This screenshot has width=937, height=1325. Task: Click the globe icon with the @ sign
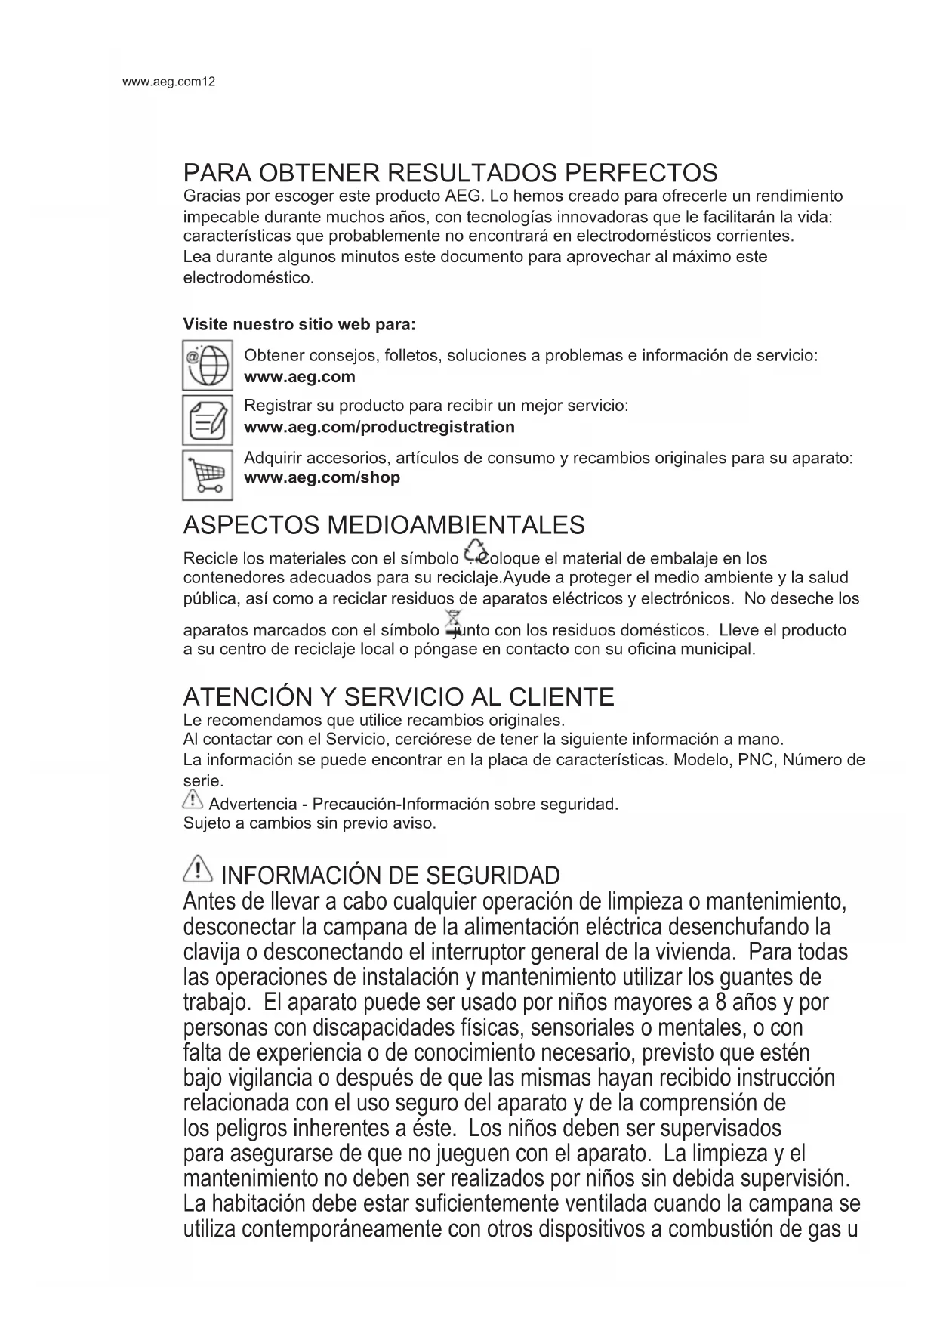[x=207, y=366]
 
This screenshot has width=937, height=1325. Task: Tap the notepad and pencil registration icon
[x=207, y=420]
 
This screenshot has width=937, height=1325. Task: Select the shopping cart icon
[x=207, y=475]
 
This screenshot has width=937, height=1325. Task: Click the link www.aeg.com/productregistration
[x=379, y=428]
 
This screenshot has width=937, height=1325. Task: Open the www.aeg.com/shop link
[x=322, y=478]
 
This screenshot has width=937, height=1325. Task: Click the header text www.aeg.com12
[x=168, y=82]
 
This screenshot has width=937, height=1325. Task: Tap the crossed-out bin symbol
[x=453, y=622]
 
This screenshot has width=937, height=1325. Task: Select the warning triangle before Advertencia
[x=193, y=799]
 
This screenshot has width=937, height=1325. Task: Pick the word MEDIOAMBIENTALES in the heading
[x=452, y=525]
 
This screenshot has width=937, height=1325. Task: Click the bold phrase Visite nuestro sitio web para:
[x=299, y=325]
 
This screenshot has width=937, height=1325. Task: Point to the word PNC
[x=756, y=760]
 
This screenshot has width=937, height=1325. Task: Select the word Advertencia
[x=252, y=804]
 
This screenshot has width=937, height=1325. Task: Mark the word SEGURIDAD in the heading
[x=493, y=876]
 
